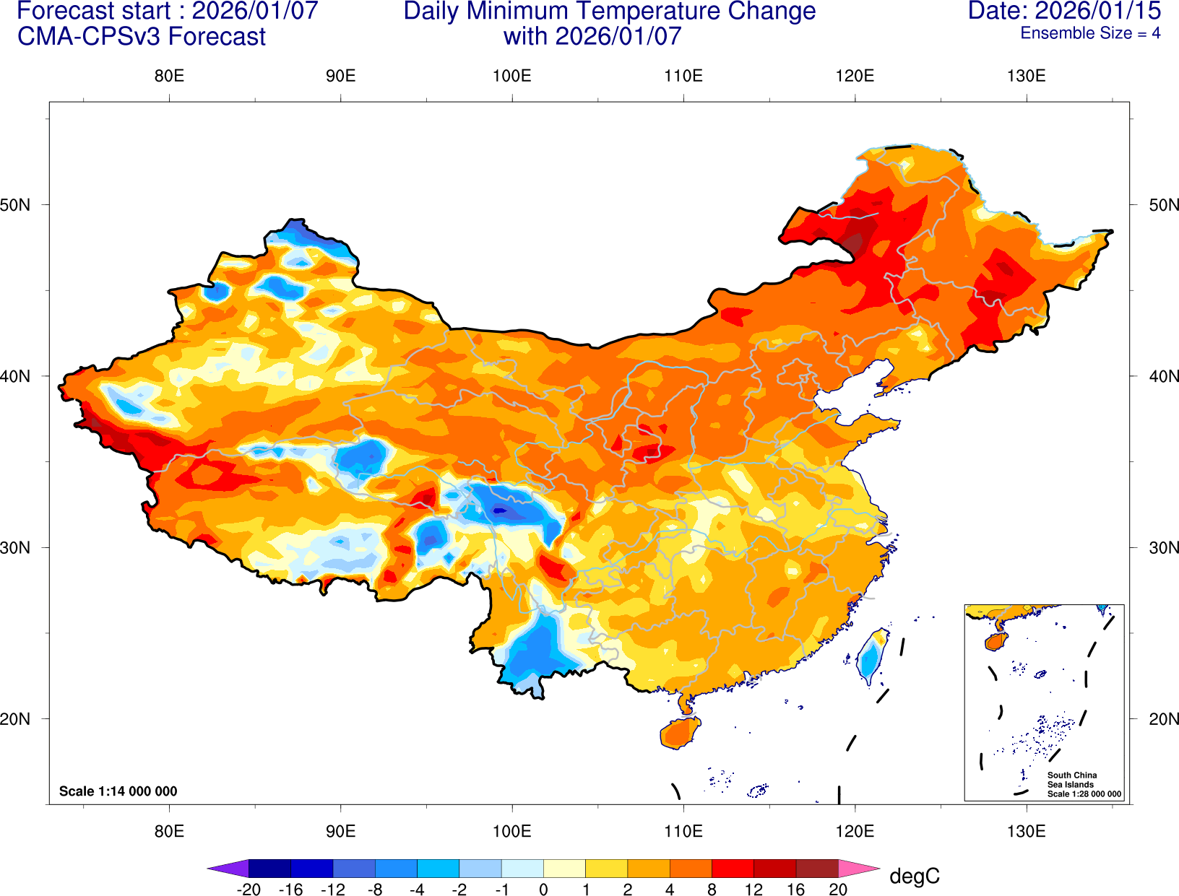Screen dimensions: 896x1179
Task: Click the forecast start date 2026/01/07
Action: pos(254,11)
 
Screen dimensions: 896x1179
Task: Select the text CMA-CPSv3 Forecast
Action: pos(142,37)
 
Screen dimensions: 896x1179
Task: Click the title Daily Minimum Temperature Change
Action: pos(609,11)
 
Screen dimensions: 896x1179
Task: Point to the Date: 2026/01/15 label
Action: pos(1064,11)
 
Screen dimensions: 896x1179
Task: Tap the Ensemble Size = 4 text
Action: pos(1089,33)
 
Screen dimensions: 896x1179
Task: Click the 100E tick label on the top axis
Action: pos(511,76)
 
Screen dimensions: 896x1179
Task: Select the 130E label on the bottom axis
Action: pos(1026,831)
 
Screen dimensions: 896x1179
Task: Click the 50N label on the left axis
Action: pos(15,205)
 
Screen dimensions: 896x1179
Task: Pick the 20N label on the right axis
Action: pos(1164,719)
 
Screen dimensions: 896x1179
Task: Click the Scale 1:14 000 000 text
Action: pos(118,791)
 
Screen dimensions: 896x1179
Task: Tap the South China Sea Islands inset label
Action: pos(1071,780)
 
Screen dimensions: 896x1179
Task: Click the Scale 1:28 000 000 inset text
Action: pos(1084,794)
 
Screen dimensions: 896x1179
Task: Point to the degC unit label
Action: pos(914,877)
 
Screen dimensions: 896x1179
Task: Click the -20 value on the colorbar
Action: pos(249,890)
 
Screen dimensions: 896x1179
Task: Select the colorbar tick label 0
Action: pos(543,890)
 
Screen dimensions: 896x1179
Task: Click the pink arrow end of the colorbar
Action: pos(858,868)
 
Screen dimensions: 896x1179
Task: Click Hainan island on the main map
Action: pos(680,733)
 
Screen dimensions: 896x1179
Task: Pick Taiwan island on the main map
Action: pos(869,657)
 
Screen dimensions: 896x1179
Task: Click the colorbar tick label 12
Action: pos(753,890)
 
